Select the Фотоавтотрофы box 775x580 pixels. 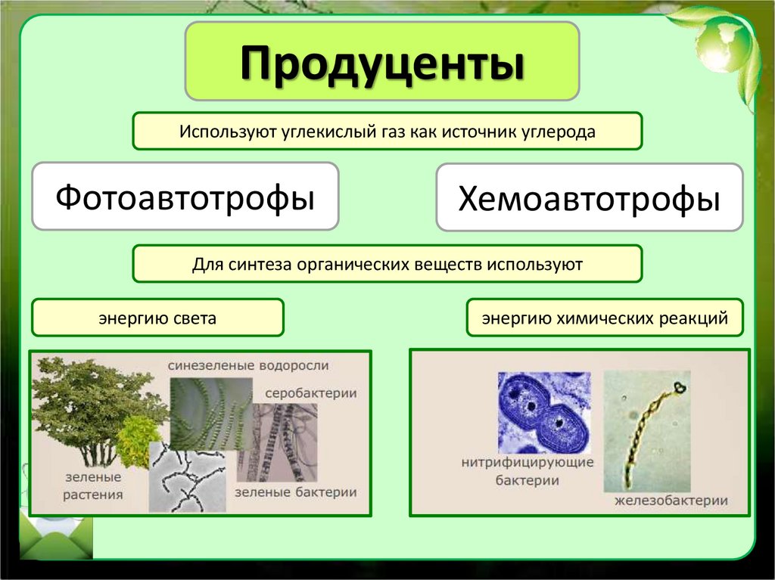185,197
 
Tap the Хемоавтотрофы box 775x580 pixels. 589,198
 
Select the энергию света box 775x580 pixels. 157,318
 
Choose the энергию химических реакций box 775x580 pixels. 605,318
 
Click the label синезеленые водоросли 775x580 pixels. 248,365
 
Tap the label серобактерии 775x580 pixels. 310,393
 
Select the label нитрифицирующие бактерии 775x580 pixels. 528,471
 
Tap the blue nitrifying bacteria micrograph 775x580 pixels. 543,412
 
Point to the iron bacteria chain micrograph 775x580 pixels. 646,431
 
